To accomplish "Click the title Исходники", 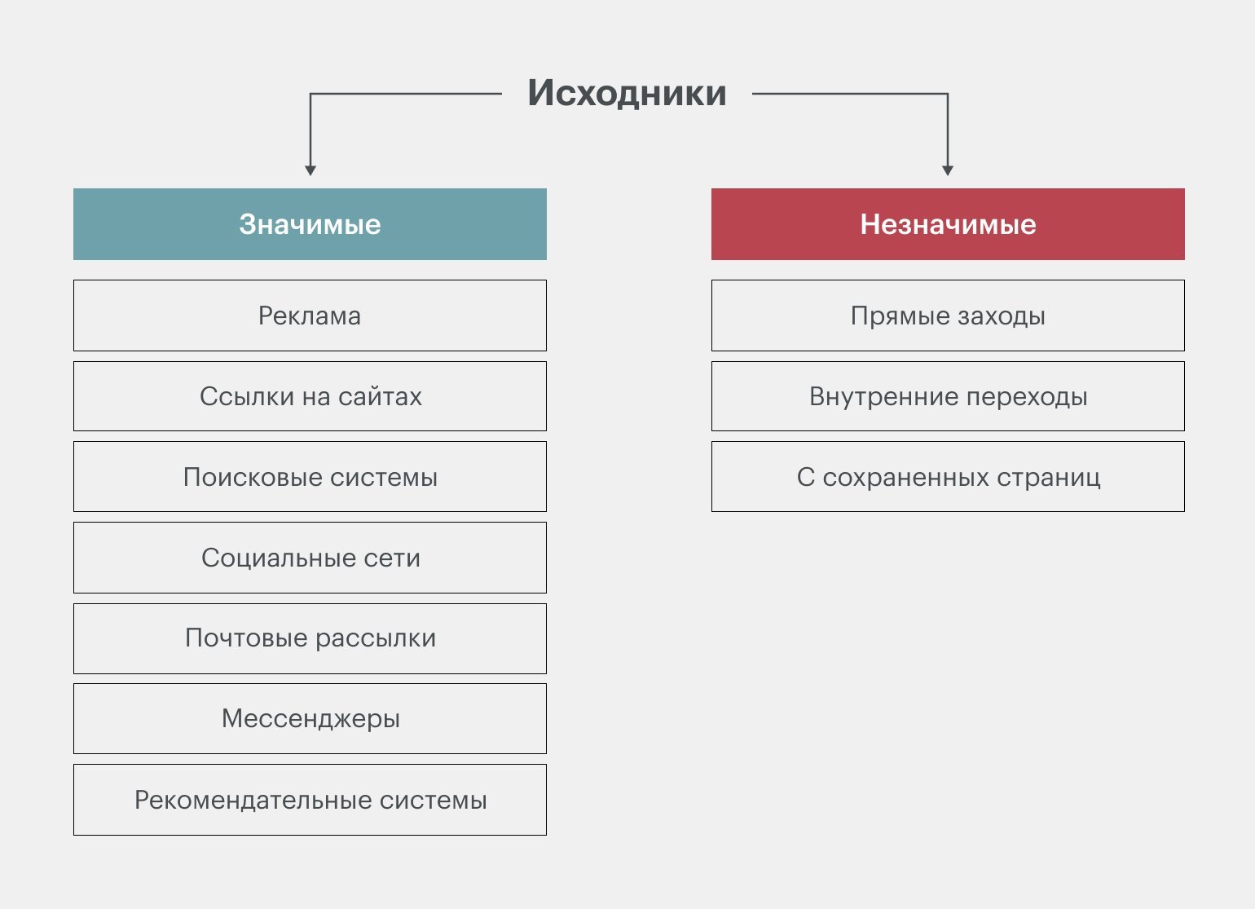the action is [627, 93].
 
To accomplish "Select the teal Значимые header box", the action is [310, 224].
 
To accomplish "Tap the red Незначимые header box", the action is [948, 224].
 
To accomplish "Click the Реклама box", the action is [310, 316].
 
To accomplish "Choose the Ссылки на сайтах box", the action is [310, 396].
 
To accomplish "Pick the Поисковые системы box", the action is [310, 476].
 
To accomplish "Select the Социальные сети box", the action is [310, 558].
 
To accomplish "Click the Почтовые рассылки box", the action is [310, 638].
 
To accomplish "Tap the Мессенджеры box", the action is [310, 718].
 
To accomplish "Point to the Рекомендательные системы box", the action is [310, 800].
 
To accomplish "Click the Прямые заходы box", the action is [948, 316].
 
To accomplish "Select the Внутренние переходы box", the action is [948, 396].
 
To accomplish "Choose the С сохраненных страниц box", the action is [948, 476].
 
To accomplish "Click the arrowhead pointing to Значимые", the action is [310, 170].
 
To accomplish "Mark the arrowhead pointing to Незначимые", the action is [948, 170].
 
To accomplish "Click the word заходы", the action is [1002, 316].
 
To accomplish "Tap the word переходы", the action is [1027, 397].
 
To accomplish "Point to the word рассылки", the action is [376, 639].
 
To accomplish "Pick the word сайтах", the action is [380, 397].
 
